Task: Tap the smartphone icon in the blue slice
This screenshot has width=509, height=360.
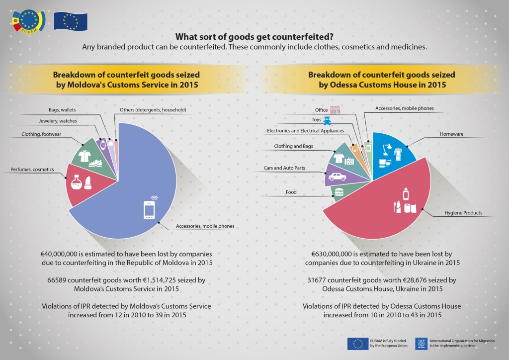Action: tap(149, 209)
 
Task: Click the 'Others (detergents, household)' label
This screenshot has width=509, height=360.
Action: tap(153, 109)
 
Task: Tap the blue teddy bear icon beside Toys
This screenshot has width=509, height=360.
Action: tap(327, 120)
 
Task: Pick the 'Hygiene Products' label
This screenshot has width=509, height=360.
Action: tap(463, 213)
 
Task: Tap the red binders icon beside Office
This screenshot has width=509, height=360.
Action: tap(336, 109)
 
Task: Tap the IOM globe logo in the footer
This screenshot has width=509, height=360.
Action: tap(422, 343)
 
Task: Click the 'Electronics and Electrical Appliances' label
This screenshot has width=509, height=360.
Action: tap(305, 131)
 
